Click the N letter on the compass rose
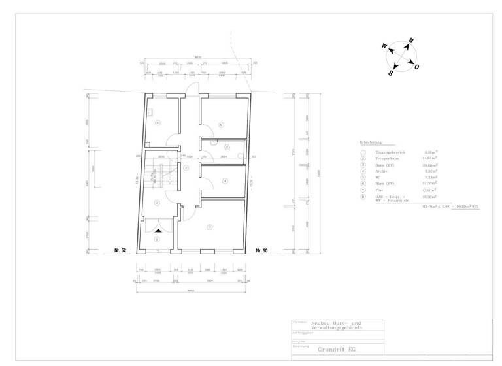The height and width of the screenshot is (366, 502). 411,41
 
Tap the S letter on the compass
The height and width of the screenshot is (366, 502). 390,73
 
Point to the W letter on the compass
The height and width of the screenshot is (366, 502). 384,46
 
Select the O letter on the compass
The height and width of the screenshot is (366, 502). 417,67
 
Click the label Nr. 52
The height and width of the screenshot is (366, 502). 120,250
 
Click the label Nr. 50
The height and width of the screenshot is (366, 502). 261,250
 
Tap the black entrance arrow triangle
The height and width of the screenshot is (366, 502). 157,224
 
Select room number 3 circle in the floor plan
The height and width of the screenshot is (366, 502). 209,227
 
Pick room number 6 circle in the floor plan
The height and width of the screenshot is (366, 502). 221,124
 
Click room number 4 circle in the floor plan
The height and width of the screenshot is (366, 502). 224,181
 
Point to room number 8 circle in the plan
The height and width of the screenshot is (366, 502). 157,122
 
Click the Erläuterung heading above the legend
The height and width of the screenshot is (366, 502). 371,142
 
